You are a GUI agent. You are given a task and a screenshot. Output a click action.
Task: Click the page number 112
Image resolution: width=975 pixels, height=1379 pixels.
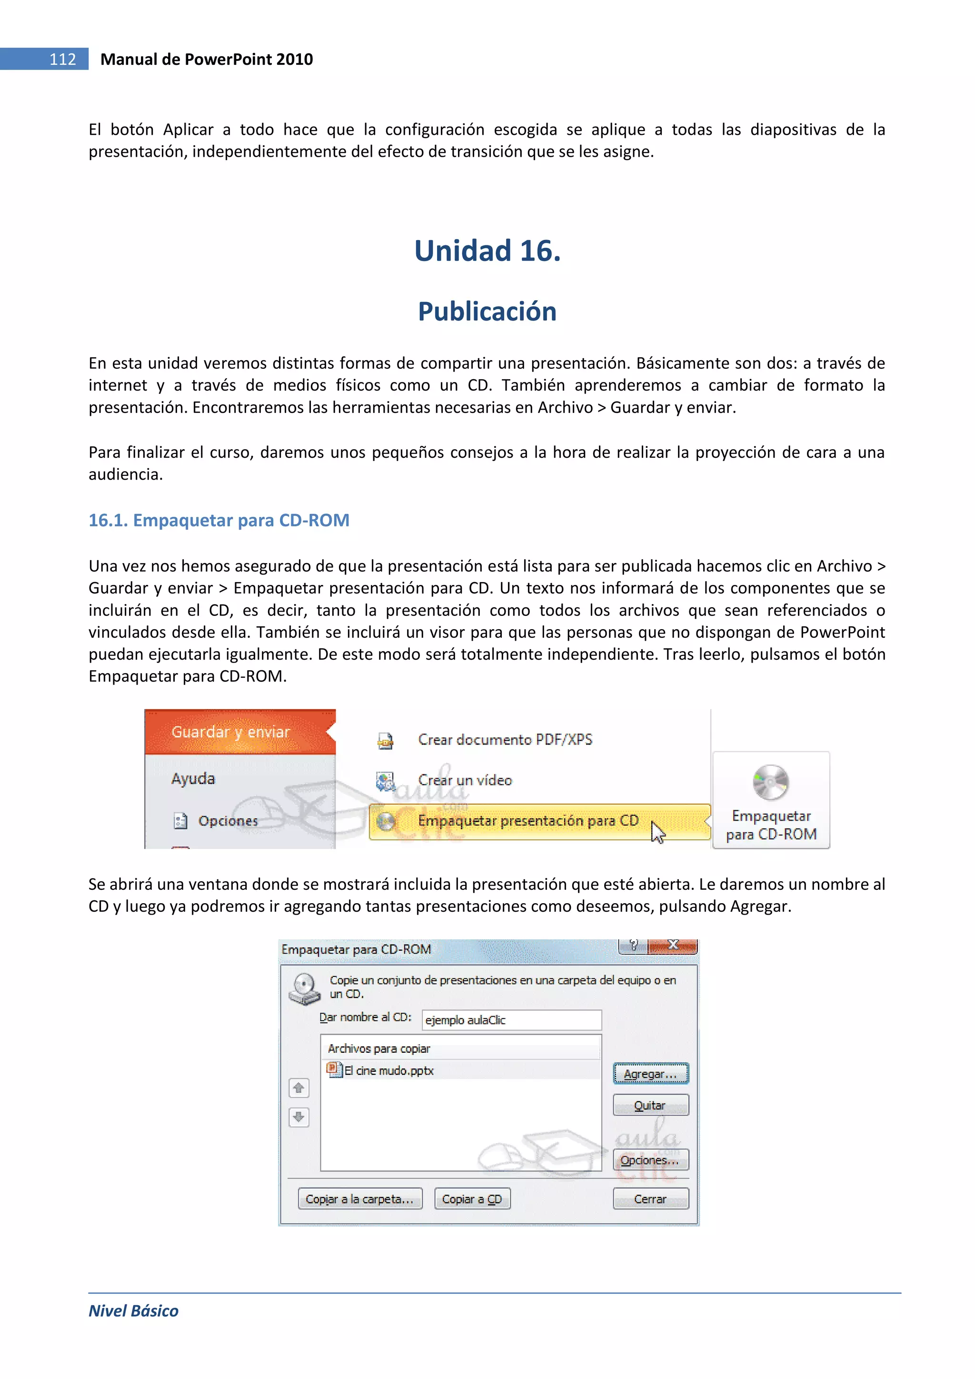click(62, 59)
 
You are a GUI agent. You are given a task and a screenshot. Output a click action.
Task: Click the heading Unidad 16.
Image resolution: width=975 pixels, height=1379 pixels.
click(487, 251)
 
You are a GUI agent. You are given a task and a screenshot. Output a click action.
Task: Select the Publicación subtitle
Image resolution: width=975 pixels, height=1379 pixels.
click(487, 311)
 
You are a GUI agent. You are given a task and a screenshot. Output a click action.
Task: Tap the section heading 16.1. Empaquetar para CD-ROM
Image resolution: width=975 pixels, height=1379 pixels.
click(219, 520)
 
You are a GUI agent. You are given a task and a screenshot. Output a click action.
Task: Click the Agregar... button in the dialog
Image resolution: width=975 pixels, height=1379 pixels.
click(650, 1073)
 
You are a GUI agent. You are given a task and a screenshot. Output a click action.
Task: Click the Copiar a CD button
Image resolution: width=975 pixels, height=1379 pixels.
click(472, 1199)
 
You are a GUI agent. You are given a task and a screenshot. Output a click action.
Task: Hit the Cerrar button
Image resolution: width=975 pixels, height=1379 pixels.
click(650, 1199)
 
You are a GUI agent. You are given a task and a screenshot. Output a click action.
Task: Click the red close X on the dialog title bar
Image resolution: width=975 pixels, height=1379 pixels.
click(673, 945)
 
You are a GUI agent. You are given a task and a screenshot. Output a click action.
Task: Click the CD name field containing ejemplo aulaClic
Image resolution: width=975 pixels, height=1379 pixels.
click(511, 1020)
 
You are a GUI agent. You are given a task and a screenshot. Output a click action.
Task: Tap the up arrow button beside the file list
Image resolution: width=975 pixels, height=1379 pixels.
click(298, 1087)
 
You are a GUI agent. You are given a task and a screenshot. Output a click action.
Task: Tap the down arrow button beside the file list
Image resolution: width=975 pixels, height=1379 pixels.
click(298, 1117)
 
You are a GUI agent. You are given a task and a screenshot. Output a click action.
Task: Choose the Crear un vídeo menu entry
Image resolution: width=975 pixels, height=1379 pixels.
click(465, 780)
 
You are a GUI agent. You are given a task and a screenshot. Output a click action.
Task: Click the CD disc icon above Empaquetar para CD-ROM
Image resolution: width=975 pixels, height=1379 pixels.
click(770, 783)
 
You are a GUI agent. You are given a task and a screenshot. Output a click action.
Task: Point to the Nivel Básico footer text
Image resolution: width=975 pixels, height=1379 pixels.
click(133, 1310)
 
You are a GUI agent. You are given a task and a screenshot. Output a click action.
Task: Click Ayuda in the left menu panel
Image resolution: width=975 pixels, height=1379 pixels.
click(193, 778)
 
